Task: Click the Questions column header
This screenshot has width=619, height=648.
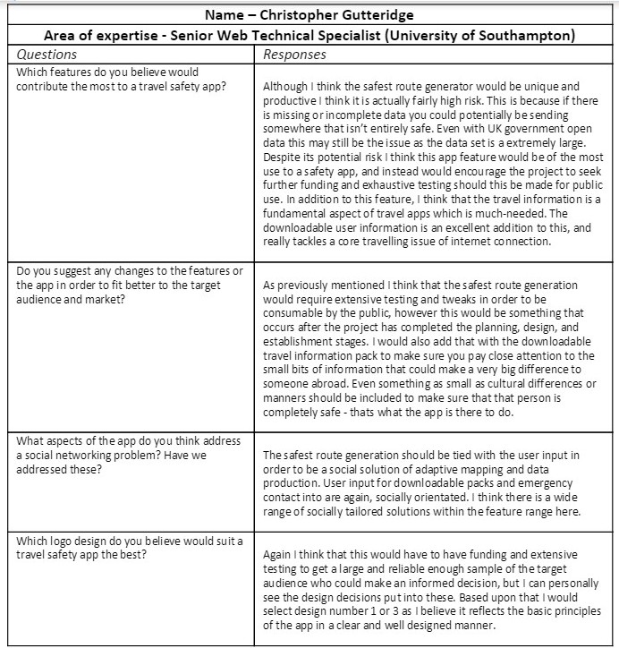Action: [x=47, y=54]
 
